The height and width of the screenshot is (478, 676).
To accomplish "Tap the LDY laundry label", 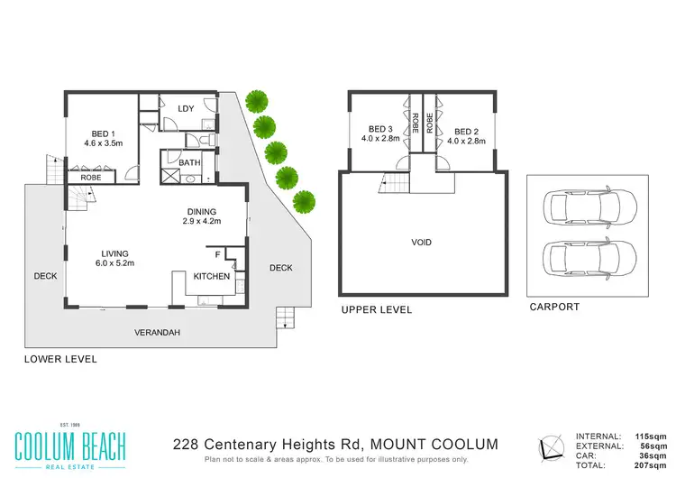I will click(x=187, y=109).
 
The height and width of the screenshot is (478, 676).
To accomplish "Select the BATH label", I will click(x=189, y=162).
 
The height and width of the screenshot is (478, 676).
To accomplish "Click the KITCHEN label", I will click(x=213, y=276).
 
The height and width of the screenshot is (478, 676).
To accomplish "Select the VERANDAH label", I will click(x=158, y=333).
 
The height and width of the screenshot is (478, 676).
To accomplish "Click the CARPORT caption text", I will click(x=553, y=307).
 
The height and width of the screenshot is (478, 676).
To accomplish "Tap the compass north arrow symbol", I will click(x=552, y=447).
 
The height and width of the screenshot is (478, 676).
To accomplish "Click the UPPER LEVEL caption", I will click(x=376, y=309).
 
